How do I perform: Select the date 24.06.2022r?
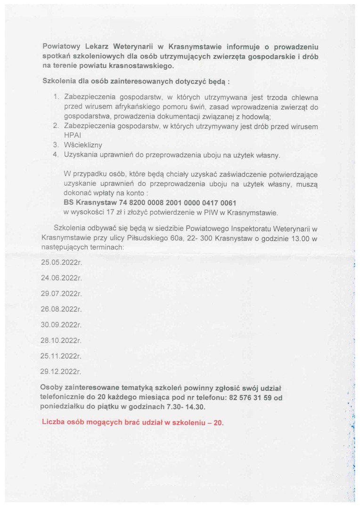[61, 278]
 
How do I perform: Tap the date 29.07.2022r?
[61, 293]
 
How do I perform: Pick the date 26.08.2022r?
[61, 309]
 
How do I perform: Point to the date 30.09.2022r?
[61, 324]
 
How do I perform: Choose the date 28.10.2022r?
[61, 340]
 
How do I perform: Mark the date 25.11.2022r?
[61, 355]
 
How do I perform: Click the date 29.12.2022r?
[61, 371]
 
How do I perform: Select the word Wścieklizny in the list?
[82, 145]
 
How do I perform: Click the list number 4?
[55, 155]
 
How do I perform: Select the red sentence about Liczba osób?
[133, 422]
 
